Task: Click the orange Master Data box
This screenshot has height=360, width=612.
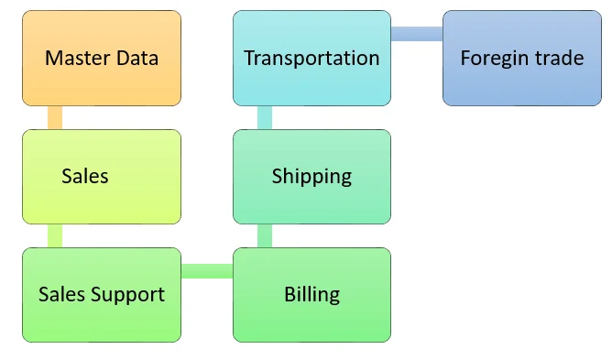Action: (102, 58)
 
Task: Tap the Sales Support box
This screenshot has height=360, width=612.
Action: (102, 294)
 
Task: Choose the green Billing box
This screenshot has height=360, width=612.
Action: (311, 294)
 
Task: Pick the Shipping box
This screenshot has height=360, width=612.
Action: (311, 176)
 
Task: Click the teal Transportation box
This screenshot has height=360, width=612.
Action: (311, 58)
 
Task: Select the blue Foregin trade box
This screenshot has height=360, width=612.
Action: (521, 58)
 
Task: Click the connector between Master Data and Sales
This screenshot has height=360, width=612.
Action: (55, 117)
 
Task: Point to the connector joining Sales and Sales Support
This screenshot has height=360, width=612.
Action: (55, 235)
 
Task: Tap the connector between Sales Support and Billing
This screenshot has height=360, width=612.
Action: (207, 270)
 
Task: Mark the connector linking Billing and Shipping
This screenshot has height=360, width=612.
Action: (265, 235)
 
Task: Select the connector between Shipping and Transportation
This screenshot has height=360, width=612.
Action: (265, 117)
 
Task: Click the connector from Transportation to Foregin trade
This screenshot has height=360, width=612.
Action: (417, 34)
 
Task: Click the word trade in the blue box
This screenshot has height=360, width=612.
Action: (560, 59)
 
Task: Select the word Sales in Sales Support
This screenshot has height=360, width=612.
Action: (60, 294)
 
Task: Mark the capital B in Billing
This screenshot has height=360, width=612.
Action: (290, 294)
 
